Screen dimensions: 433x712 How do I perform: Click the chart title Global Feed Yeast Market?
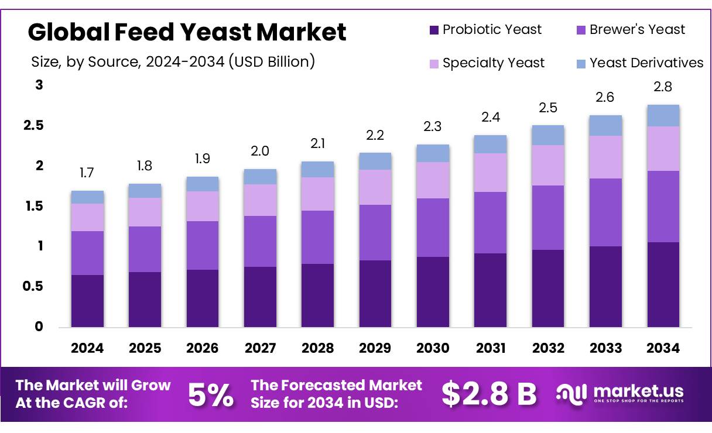(187, 32)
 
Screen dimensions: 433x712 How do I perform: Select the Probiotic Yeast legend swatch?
(434, 30)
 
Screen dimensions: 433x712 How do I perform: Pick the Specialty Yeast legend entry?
(485, 63)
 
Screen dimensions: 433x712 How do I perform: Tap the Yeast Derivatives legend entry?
(638, 63)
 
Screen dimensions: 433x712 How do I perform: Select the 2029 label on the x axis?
(375, 348)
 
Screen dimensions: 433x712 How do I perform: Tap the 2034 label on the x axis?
(663, 348)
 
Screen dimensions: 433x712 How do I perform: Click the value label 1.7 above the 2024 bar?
(87, 173)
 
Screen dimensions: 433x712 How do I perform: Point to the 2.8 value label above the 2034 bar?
(663, 87)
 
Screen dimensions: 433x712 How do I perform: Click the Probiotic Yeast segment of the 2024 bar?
(87, 301)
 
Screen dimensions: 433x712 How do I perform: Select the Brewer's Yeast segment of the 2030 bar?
(433, 228)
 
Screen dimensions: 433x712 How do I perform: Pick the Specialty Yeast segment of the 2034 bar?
(663, 149)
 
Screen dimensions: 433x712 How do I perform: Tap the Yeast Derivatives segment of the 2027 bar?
(260, 177)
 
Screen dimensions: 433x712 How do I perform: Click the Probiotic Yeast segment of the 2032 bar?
(548, 288)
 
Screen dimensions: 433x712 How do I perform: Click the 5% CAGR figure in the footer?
(210, 395)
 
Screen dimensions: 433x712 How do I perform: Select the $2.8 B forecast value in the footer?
(489, 394)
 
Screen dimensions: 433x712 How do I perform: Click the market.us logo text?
(638, 391)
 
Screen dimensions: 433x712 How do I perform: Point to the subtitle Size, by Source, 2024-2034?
(173, 61)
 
